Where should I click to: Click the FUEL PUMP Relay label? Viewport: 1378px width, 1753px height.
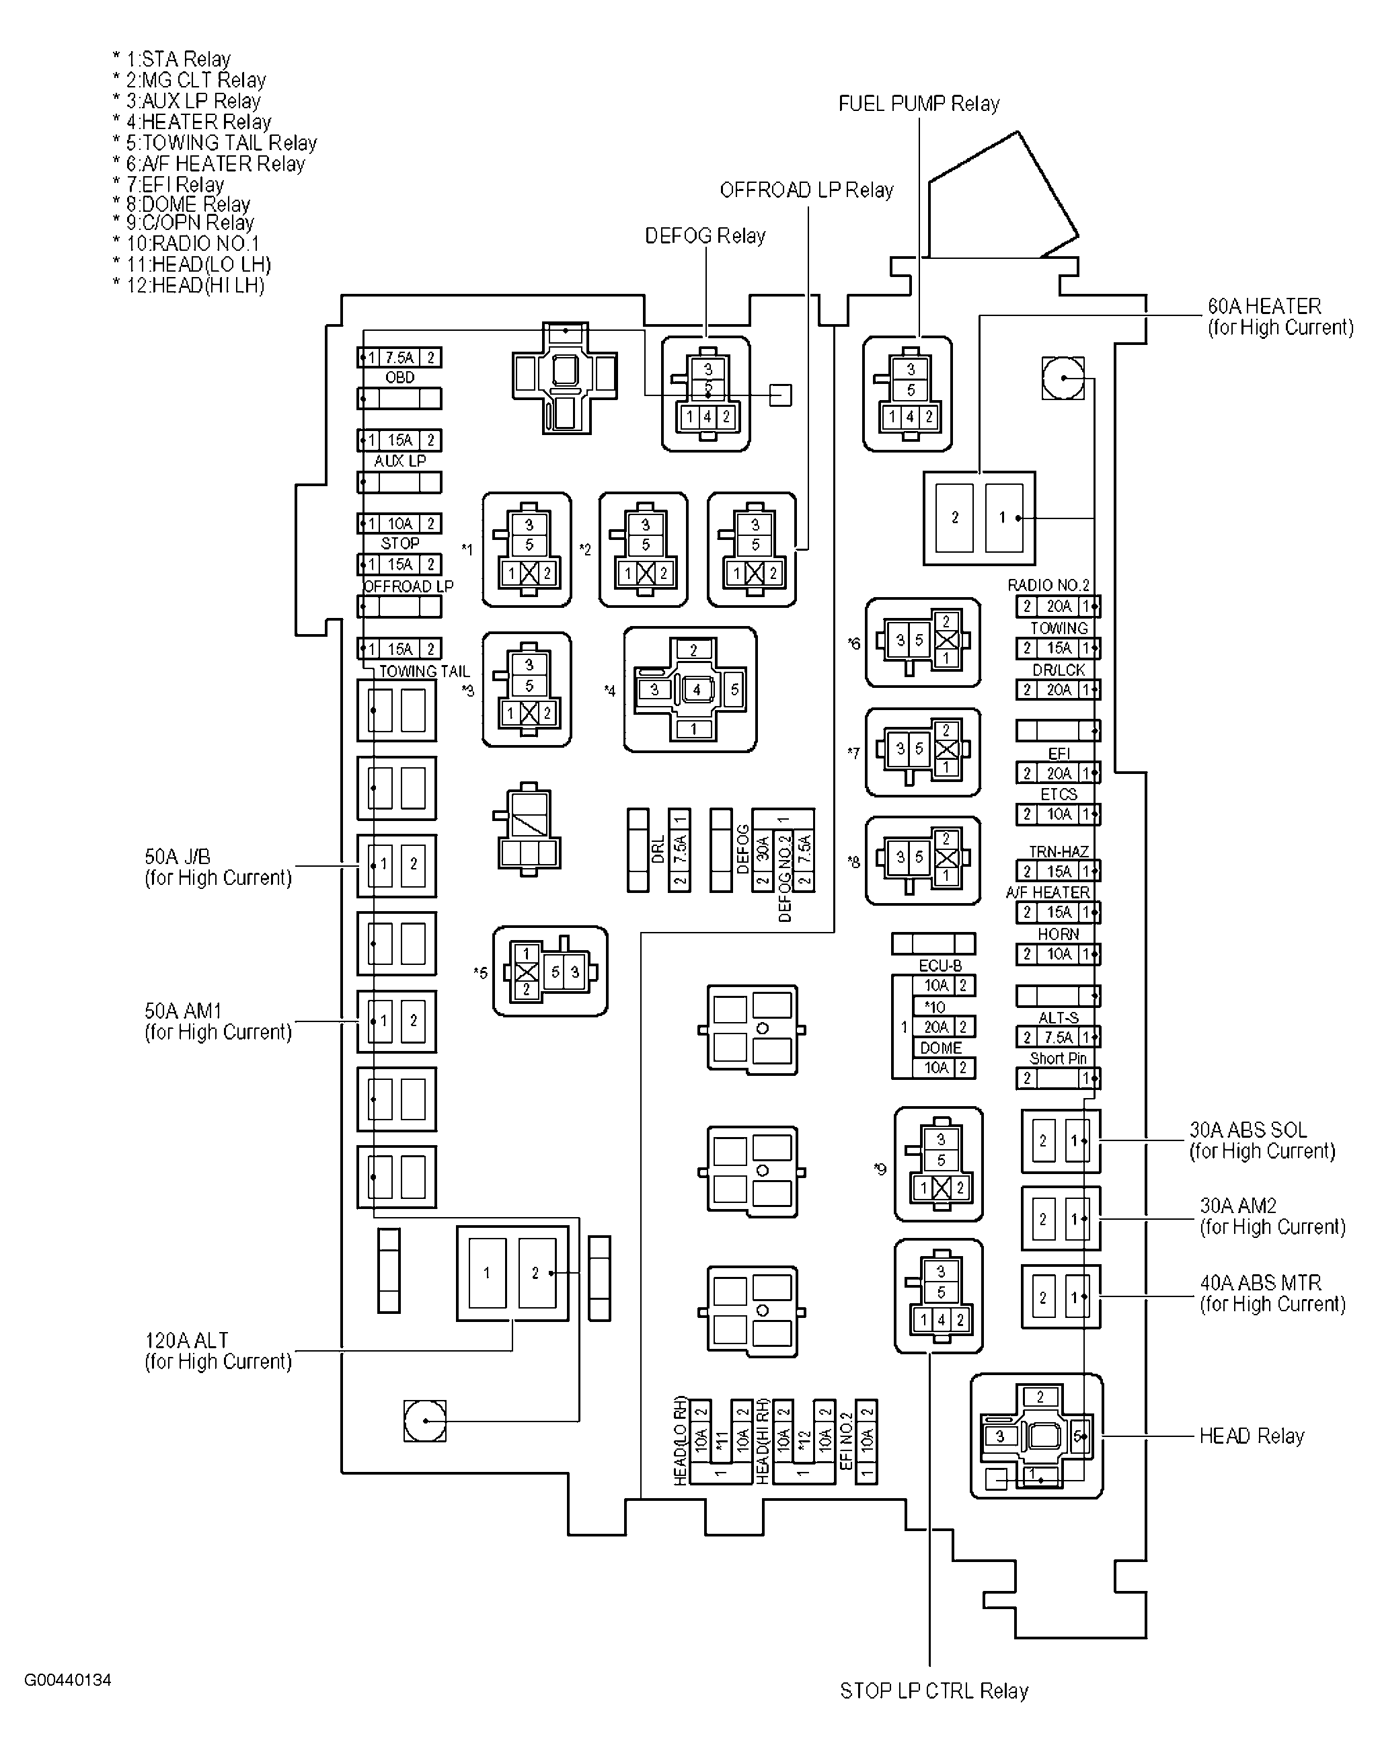[x=918, y=104]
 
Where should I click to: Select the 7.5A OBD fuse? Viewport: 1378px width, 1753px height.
[x=399, y=357]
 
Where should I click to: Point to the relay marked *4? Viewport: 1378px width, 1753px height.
[x=691, y=690]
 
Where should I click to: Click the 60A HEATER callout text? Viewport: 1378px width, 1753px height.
[x=1278, y=317]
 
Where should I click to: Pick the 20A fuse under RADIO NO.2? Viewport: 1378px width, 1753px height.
[x=1058, y=607]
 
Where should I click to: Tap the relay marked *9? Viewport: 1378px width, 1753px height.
[x=938, y=1164]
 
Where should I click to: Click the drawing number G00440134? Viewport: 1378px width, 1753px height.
[x=68, y=1680]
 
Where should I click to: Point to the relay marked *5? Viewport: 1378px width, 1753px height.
[x=550, y=971]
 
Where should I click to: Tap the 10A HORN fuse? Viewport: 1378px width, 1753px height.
[x=1058, y=954]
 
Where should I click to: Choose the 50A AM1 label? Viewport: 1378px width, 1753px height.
[x=217, y=1021]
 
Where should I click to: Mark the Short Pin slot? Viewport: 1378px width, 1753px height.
[x=1058, y=1079]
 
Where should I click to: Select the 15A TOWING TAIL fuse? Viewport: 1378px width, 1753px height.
[x=399, y=649]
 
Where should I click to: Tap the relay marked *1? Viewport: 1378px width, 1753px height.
[x=527, y=549]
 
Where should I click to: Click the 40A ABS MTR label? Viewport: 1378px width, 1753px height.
[x=1272, y=1293]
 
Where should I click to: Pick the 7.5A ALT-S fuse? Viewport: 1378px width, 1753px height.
[x=1058, y=1038]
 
